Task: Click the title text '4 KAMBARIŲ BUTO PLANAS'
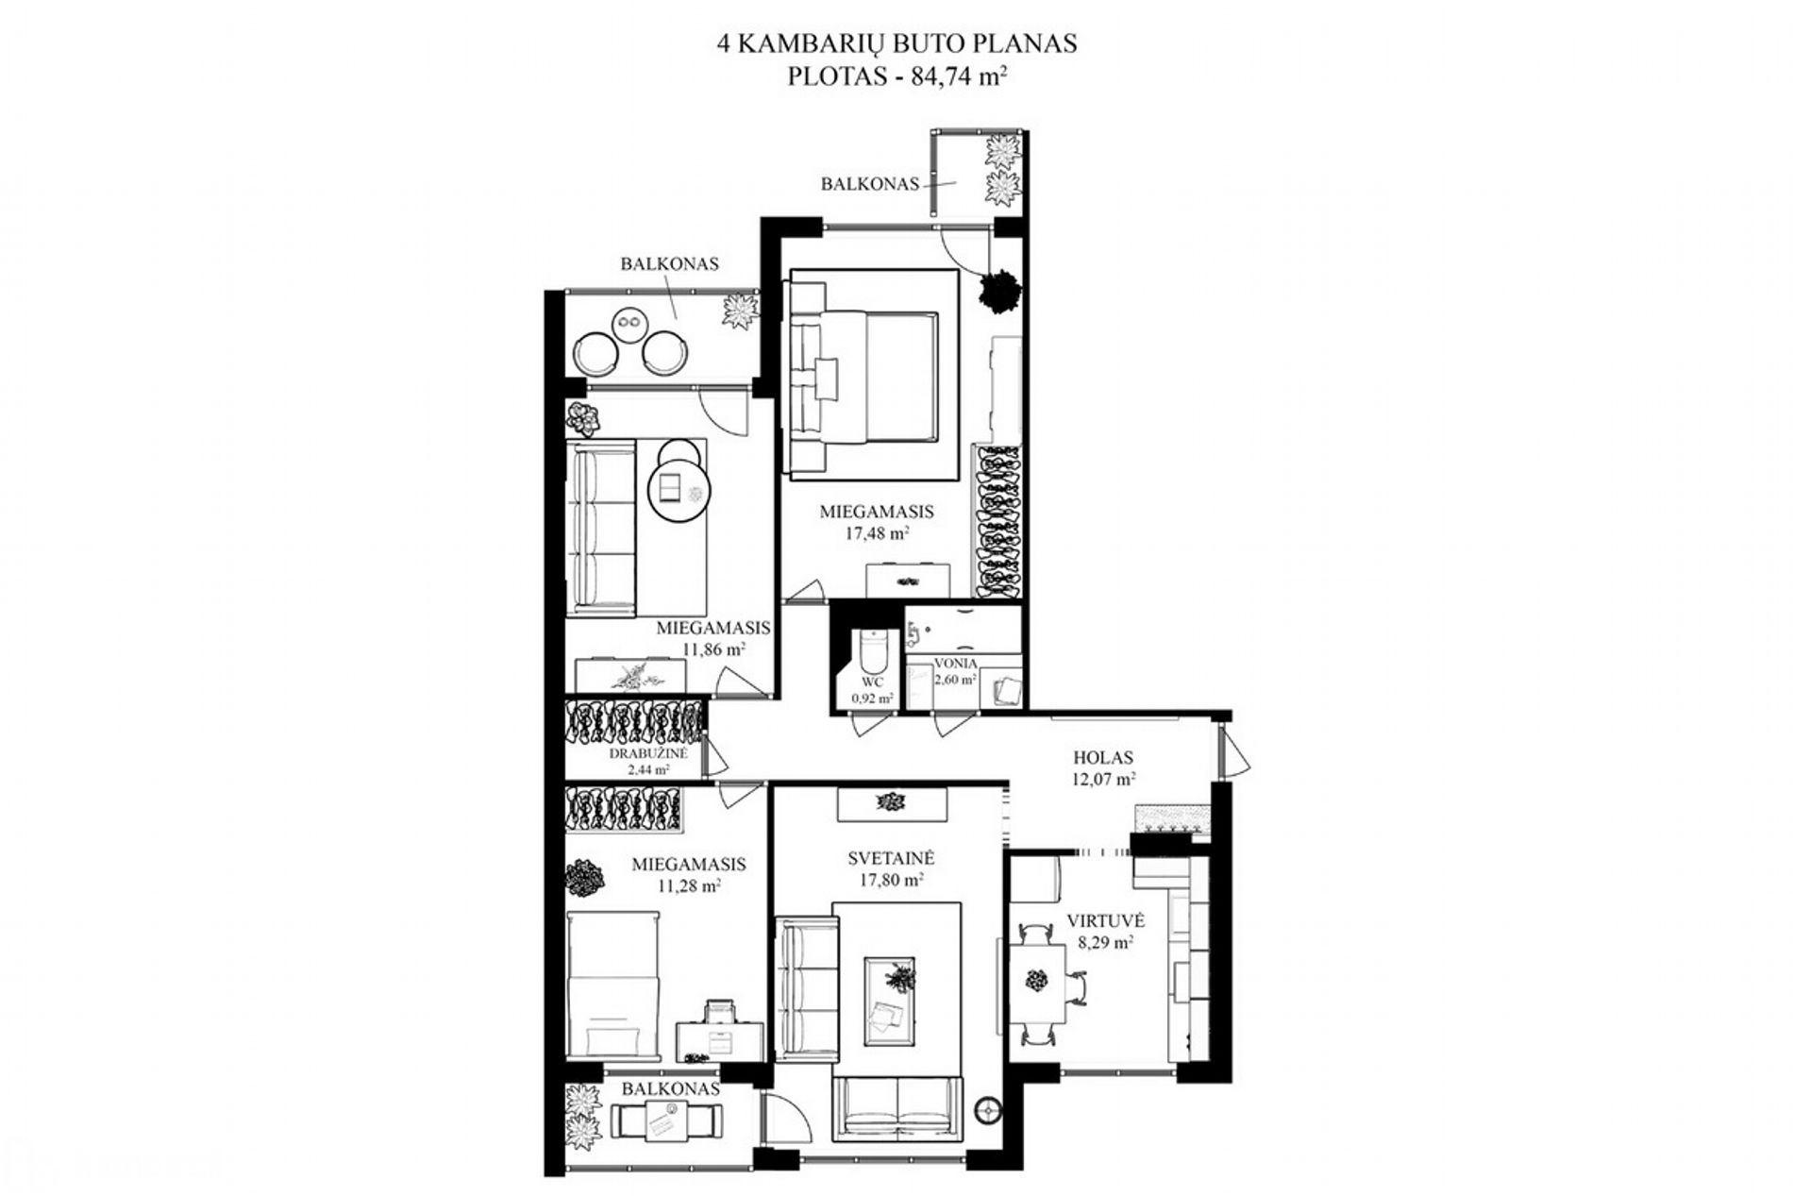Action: (x=896, y=44)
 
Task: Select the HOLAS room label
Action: (x=1102, y=757)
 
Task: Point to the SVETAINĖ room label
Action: (x=891, y=859)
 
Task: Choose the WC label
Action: (x=872, y=682)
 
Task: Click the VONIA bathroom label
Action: (x=956, y=664)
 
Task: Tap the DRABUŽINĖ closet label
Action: (x=648, y=754)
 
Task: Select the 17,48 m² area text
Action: (x=877, y=533)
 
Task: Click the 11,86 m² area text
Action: (x=713, y=649)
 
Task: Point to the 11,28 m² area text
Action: (x=689, y=885)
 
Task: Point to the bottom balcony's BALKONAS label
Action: (x=670, y=1088)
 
